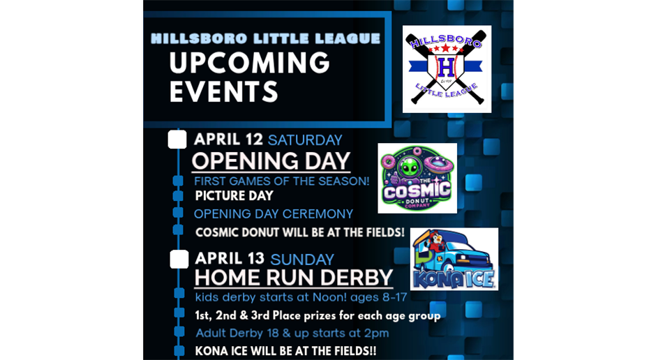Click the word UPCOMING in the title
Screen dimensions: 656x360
coord(250,63)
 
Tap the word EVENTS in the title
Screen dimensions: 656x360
coord(224,91)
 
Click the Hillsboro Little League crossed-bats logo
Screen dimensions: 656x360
coord(447,69)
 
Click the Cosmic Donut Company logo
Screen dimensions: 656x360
coord(417,178)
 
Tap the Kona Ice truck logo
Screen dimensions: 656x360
coord(454,259)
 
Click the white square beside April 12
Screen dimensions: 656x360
coord(177,140)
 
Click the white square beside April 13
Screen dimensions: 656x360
coord(179,260)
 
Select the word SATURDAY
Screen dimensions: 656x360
coord(305,140)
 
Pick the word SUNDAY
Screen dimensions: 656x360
coord(302,260)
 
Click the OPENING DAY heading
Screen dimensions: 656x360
coord(271,161)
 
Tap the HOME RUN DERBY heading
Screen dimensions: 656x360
coord(294,278)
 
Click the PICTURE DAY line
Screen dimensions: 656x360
coord(234,195)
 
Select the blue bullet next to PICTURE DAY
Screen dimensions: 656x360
coord(178,195)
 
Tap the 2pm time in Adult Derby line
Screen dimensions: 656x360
coord(378,333)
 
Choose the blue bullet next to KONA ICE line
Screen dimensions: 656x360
coord(179,350)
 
